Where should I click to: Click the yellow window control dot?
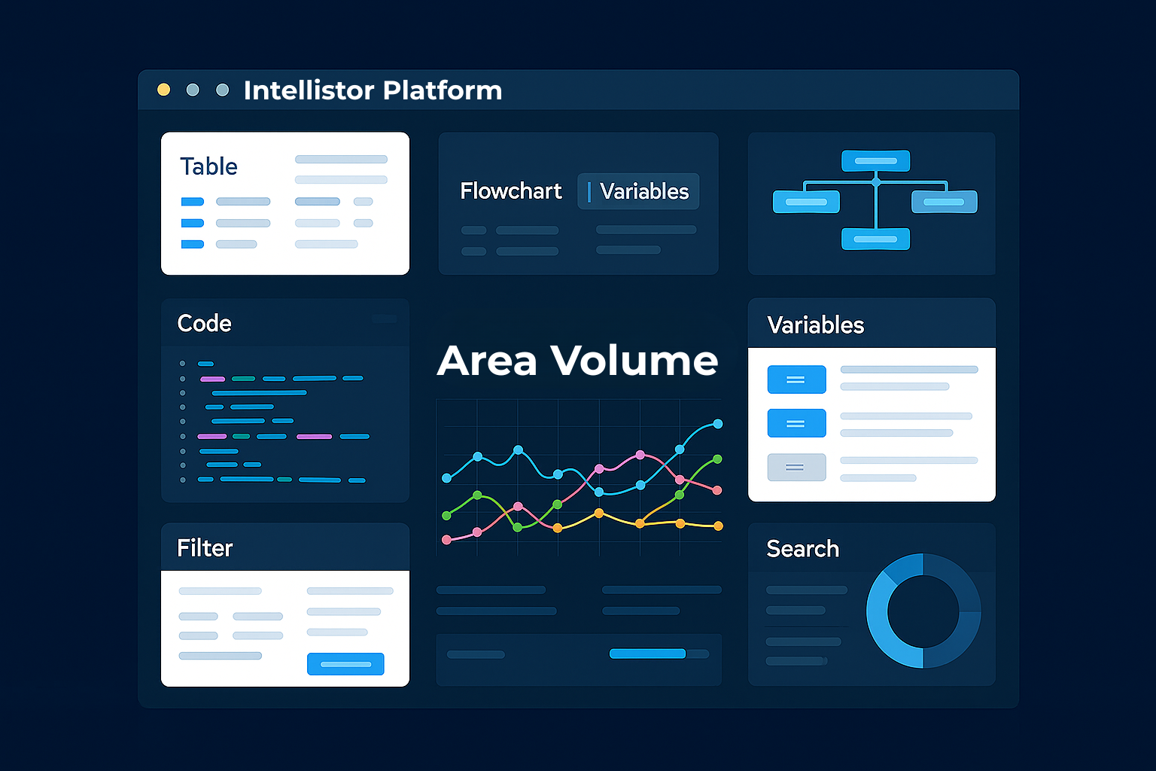[x=163, y=90]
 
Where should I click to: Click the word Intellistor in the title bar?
[x=309, y=90]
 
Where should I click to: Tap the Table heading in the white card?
[x=208, y=166]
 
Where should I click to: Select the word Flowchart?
[x=510, y=191]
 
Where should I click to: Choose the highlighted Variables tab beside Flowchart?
[x=638, y=191]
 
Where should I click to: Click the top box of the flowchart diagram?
[x=876, y=160]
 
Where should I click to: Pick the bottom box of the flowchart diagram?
[x=876, y=239]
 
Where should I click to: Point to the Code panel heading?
[x=205, y=324]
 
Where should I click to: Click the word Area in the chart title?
[x=487, y=361]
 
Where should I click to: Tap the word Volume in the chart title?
[x=634, y=360]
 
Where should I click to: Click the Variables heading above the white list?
[x=815, y=325]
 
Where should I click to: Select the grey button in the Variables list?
[x=796, y=468]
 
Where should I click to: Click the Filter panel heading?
[x=205, y=548]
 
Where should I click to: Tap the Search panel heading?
[x=802, y=548]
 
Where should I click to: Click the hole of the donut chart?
[x=923, y=611]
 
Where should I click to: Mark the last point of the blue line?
[x=718, y=424]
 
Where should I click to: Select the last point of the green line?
[x=717, y=459]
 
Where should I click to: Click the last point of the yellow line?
[x=718, y=526]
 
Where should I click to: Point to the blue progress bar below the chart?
[x=648, y=654]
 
